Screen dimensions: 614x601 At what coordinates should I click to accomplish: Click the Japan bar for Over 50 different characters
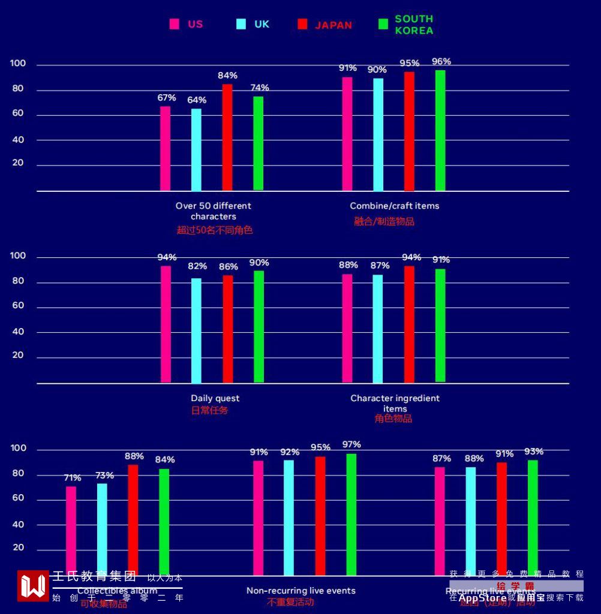tap(227, 137)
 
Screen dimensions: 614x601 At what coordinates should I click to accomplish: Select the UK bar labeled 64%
tap(196, 149)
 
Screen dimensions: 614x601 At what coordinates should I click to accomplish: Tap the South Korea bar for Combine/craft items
tap(440, 130)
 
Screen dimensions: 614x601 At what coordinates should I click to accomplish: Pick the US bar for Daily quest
tap(166, 324)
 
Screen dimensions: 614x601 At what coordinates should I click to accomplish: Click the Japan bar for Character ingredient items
tap(409, 324)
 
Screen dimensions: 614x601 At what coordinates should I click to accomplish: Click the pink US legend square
tap(175, 24)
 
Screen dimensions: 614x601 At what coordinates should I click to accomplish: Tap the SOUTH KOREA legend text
tap(414, 25)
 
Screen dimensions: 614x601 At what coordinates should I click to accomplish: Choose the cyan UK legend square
tap(241, 24)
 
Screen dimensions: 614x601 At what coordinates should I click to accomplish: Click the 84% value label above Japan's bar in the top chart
tap(227, 76)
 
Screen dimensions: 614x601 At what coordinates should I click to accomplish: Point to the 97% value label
tap(351, 444)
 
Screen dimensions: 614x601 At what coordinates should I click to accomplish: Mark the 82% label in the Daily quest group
tap(197, 266)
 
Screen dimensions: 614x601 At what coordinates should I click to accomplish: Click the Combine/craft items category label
tap(395, 206)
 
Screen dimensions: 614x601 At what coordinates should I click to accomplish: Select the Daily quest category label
tap(215, 398)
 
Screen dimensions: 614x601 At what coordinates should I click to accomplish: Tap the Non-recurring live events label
tap(300, 591)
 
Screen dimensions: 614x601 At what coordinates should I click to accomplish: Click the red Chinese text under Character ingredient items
tap(393, 419)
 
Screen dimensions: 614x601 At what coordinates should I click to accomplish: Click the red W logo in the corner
tap(33, 585)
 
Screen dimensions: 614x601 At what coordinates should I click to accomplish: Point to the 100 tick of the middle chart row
tap(19, 256)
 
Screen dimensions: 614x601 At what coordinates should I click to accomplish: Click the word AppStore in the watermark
tap(482, 598)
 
